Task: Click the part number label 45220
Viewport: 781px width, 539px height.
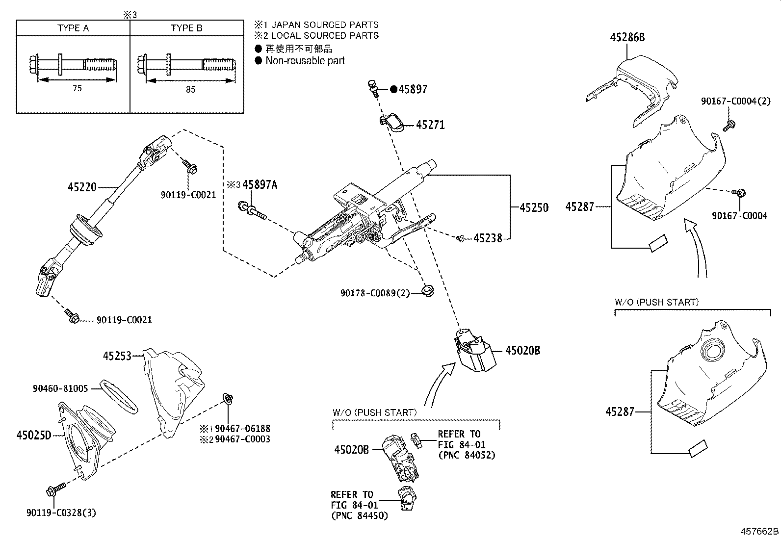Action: click(x=82, y=187)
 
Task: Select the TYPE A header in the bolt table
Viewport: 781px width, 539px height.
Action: click(x=73, y=28)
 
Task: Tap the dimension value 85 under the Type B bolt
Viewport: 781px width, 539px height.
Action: click(x=190, y=89)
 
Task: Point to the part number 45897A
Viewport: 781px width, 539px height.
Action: click(x=260, y=185)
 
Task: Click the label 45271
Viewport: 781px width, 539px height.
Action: click(x=430, y=125)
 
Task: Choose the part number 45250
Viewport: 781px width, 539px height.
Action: click(x=534, y=207)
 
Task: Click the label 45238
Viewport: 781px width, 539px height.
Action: click(x=488, y=238)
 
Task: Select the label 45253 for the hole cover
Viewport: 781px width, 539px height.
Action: click(x=117, y=356)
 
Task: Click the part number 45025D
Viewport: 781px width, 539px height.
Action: click(x=34, y=435)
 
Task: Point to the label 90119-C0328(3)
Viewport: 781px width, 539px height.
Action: click(x=61, y=513)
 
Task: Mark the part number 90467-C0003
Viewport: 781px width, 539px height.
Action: click(x=242, y=439)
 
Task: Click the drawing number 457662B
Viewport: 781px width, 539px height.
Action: click(x=759, y=531)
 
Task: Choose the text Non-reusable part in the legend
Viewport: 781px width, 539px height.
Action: click(x=305, y=61)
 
